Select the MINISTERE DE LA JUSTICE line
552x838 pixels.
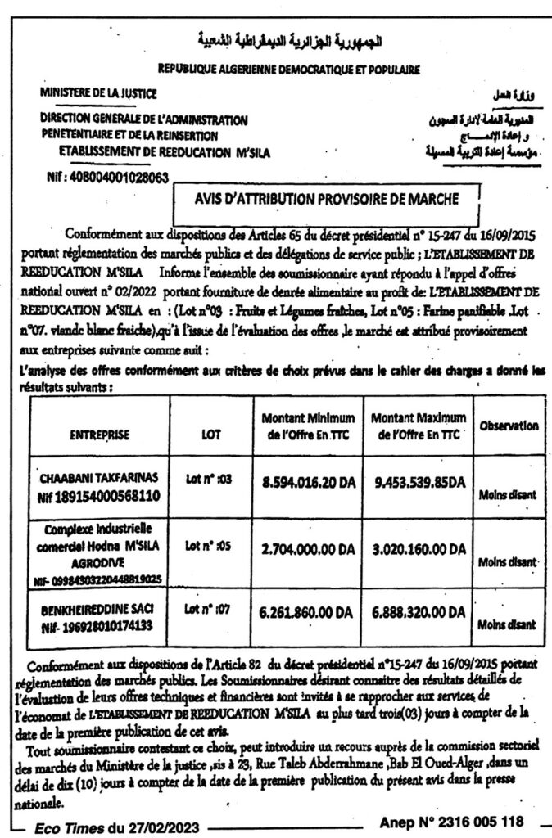[97, 93]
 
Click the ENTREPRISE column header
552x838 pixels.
[99, 434]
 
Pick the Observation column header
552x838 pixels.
[509, 426]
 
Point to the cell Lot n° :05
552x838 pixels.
[210, 543]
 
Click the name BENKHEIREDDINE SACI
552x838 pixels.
[99, 609]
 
